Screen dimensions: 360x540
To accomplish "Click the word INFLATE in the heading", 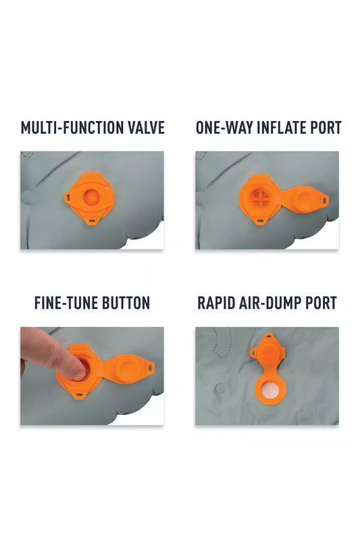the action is [282, 128].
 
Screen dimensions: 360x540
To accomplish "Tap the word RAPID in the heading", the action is [215, 303].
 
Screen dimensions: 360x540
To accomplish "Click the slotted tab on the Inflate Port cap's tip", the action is [324, 199].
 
